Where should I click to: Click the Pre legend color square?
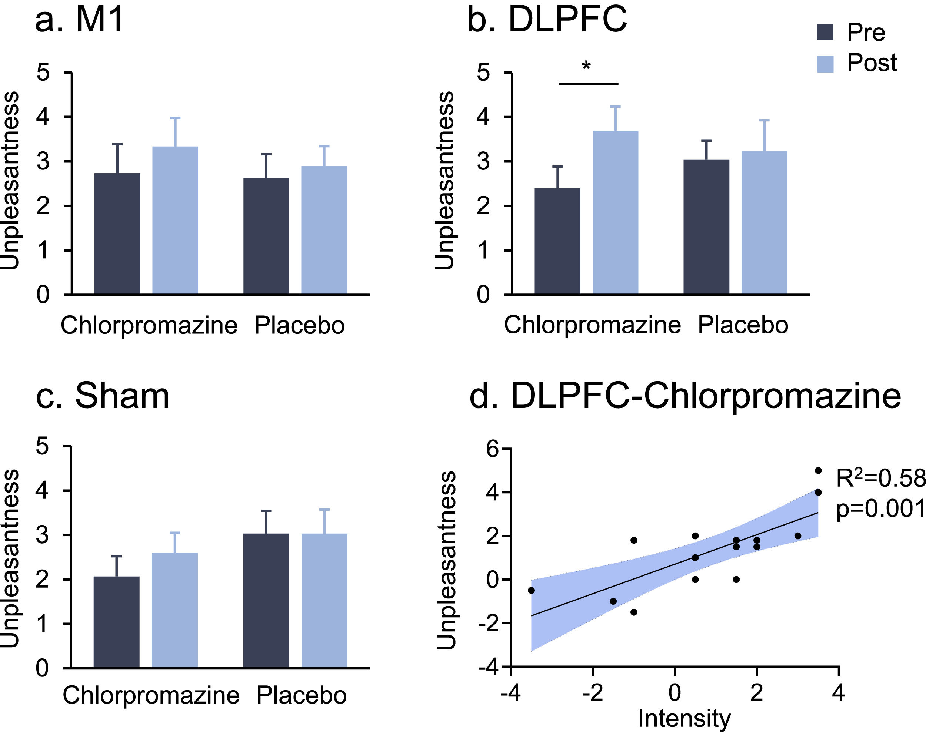click(x=825, y=32)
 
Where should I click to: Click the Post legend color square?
click(x=825, y=64)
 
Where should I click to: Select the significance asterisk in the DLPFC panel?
click(x=586, y=67)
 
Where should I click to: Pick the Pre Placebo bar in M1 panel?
click(x=266, y=236)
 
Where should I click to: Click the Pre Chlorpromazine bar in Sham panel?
click(x=117, y=621)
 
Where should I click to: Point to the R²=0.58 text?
click(x=880, y=478)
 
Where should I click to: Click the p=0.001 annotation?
click(x=880, y=509)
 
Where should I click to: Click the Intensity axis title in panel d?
click(x=684, y=718)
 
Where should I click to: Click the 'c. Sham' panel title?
click(x=103, y=396)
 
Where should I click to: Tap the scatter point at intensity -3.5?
click(x=531, y=591)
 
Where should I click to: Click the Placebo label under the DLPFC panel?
click(x=743, y=325)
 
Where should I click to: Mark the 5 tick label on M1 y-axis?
click(x=43, y=72)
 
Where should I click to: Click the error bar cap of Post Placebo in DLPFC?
click(x=764, y=120)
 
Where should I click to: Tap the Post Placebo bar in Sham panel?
click(x=324, y=600)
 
